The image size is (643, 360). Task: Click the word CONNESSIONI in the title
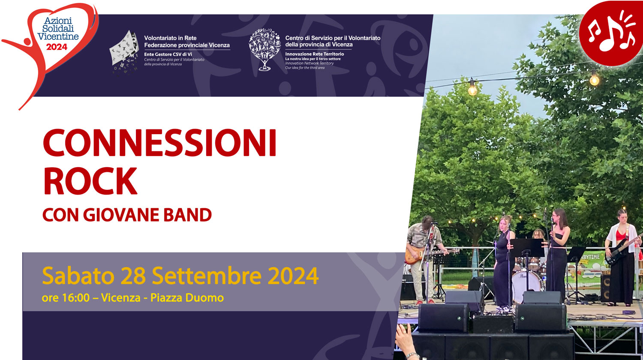159,143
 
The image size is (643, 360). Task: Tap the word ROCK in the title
90,181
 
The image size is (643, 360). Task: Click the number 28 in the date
133,276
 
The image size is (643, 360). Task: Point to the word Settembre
207,275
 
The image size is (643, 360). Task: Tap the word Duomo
205,298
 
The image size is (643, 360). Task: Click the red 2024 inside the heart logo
57,47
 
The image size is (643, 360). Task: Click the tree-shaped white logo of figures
264,49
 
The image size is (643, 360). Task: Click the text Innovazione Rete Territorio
314,54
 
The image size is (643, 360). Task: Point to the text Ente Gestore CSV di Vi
168,54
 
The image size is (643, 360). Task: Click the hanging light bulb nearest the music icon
594,78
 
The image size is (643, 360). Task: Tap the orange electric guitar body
414,256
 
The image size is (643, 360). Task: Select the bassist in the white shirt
622,257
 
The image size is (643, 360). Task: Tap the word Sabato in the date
78,276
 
